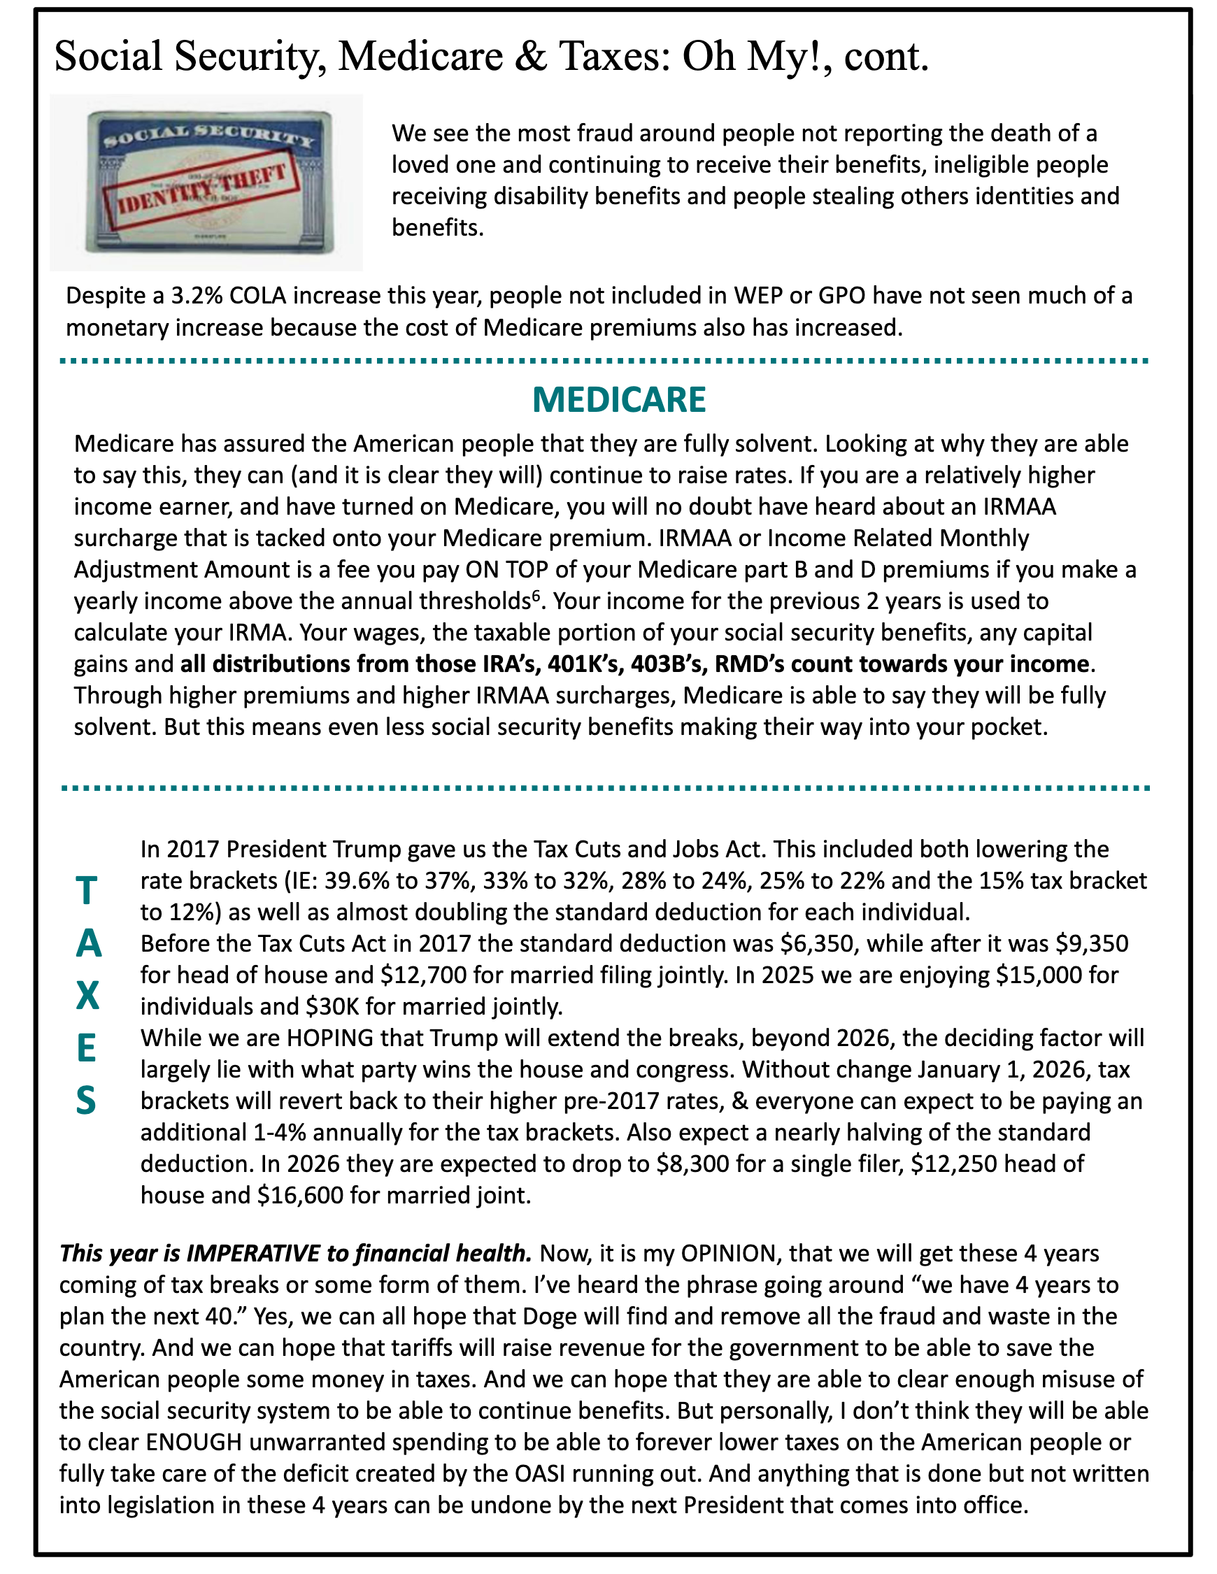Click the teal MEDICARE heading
point(618,399)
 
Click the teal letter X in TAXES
point(87,995)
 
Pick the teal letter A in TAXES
point(88,943)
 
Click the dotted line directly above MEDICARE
point(604,360)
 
